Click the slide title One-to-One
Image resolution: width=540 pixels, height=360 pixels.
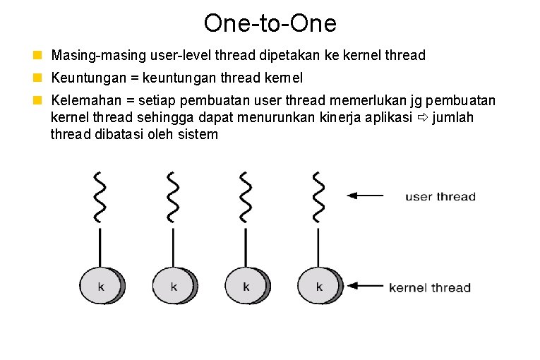[x=270, y=23]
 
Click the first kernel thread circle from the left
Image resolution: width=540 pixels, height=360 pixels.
[x=101, y=287]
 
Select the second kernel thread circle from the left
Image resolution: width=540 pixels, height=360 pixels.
[x=174, y=287]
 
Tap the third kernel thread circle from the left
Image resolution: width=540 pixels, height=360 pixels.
[x=246, y=287]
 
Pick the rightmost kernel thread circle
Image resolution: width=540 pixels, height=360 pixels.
[x=319, y=287]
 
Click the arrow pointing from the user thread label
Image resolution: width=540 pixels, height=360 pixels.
[x=366, y=196]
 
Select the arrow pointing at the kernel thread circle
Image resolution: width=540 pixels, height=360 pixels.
[x=365, y=286]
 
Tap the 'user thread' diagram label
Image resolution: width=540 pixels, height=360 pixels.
[x=440, y=196]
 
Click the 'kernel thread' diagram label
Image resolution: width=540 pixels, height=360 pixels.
[x=430, y=287]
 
